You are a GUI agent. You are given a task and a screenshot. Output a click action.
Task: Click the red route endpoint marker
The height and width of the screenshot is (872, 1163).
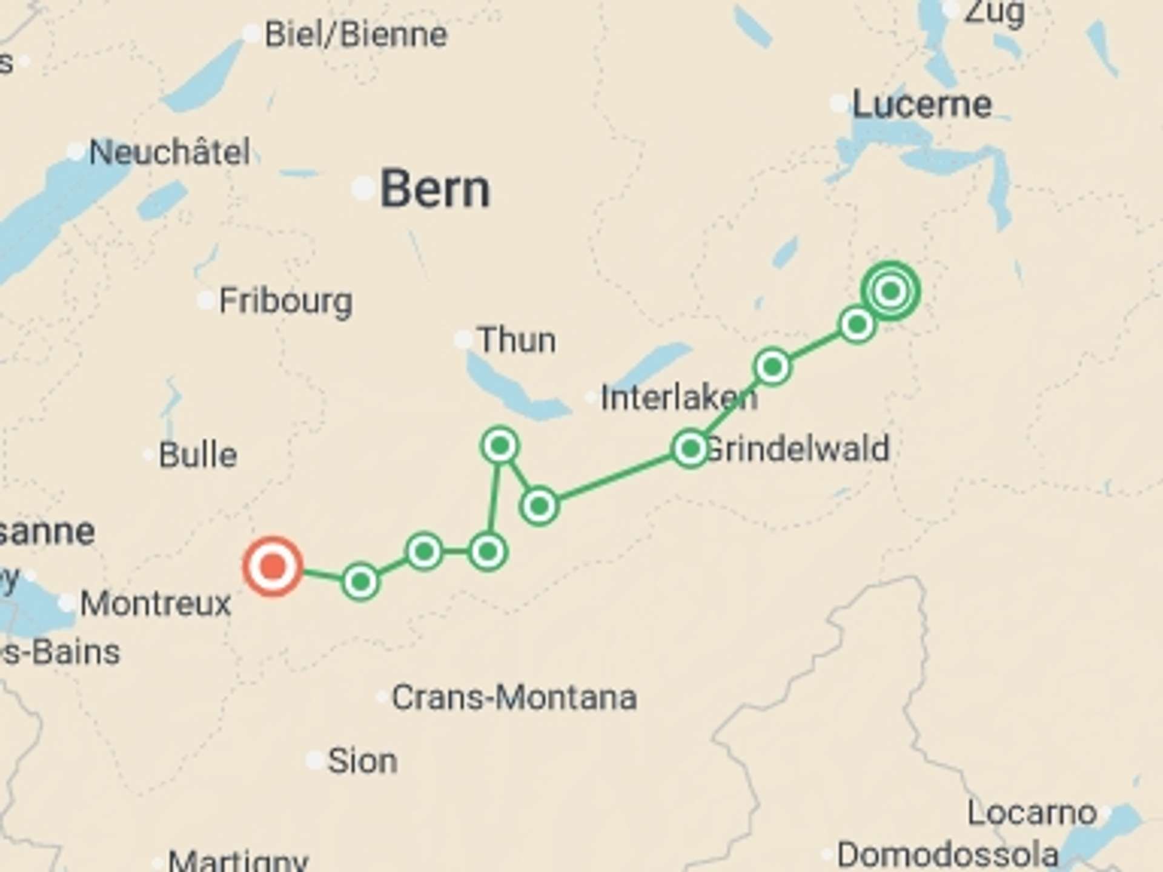point(273,567)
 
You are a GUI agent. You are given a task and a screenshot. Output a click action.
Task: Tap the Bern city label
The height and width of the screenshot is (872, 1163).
point(434,190)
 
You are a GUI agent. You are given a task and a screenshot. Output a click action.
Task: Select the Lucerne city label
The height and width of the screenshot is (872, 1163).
point(922,105)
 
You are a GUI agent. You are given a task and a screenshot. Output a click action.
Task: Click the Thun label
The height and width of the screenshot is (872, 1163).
point(516,340)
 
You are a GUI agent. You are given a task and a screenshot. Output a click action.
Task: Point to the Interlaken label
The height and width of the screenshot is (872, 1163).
point(678,398)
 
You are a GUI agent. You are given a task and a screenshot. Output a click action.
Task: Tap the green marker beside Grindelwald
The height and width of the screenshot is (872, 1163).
point(690,449)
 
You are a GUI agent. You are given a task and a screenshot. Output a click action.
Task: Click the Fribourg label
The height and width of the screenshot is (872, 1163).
point(285,301)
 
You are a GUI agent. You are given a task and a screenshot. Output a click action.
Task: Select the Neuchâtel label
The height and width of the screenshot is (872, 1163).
point(170,151)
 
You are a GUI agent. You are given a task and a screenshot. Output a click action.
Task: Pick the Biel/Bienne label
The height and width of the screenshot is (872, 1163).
point(356,35)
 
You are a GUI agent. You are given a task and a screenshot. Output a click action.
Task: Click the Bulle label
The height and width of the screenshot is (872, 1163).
point(197,455)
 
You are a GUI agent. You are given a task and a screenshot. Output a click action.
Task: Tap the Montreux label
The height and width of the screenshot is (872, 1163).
point(156,604)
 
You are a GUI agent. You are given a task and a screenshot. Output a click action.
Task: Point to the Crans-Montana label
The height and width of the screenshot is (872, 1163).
point(514,698)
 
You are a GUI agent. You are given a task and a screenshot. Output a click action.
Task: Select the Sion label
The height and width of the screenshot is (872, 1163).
point(362,761)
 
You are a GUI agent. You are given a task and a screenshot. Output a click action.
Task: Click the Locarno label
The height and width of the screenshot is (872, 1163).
point(1032,813)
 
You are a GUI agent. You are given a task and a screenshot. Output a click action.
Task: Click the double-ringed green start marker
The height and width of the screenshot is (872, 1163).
point(890,291)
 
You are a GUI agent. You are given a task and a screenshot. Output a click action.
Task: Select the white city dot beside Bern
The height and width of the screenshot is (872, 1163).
point(363,189)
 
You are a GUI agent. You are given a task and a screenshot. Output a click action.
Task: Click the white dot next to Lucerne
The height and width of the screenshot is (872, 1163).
point(839,104)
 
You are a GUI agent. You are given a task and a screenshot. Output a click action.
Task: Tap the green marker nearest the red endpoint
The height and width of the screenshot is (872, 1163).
point(360,581)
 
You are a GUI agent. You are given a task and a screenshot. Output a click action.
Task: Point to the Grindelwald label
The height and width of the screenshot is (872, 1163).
point(798,449)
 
